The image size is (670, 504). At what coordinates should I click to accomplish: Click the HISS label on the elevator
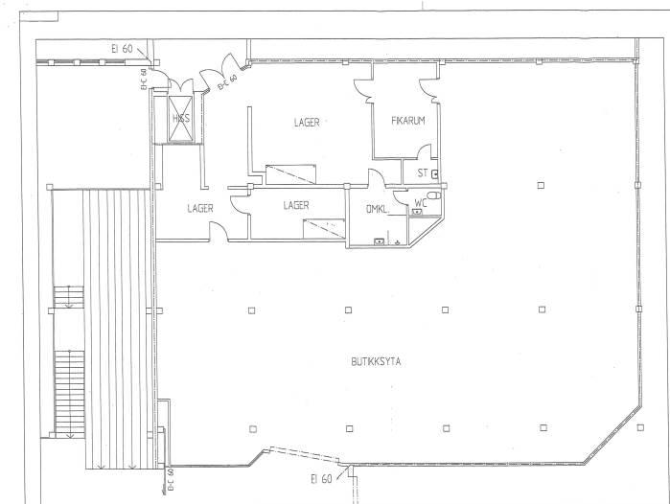coord(181,118)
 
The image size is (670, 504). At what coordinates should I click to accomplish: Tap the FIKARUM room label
coord(408,121)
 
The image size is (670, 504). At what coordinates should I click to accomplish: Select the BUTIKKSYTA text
coord(376,362)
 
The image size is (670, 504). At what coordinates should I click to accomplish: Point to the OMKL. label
coord(378,209)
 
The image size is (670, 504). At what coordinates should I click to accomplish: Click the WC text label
coord(421,203)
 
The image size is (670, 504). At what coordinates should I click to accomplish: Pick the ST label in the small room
coord(423,173)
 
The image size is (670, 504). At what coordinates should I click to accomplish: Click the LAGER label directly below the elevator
coord(200,209)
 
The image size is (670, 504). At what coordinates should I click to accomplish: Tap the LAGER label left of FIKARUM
coord(307,123)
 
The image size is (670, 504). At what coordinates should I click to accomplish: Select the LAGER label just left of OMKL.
coord(296,205)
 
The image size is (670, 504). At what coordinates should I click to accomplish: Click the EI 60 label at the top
coord(122,49)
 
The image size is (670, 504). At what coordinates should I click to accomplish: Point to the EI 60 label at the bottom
coord(321,479)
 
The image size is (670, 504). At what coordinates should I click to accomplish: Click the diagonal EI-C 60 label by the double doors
coord(227,82)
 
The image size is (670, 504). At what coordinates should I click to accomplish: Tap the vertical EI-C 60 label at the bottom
coord(170,481)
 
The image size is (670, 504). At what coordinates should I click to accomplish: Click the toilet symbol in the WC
coord(433,195)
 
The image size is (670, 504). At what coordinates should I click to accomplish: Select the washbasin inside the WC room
coord(417,212)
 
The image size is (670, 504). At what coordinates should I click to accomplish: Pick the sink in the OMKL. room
coord(380,241)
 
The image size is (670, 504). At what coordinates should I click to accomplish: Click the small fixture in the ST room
coord(435,173)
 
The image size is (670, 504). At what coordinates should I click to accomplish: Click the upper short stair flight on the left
coord(69,297)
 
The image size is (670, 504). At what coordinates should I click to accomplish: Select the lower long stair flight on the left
coord(70,394)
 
